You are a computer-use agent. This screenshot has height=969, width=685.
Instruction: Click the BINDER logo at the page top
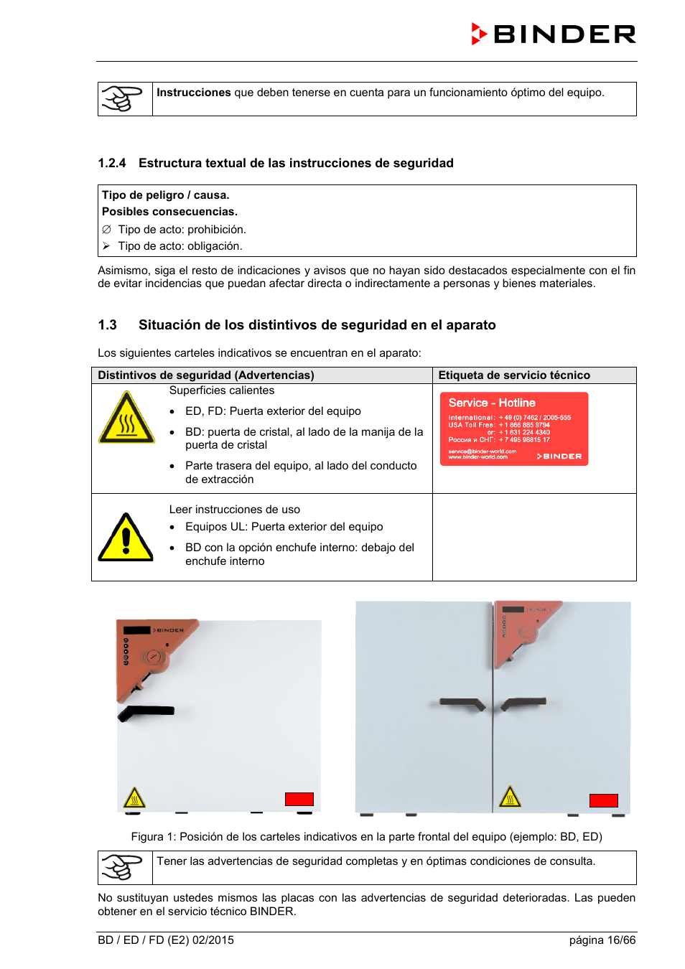point(554,34)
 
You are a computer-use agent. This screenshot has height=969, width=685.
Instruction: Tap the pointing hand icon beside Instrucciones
point(124,98)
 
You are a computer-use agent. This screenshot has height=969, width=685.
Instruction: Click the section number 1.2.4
point(112,163)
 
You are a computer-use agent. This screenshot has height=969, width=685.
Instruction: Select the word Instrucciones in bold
point(194,93)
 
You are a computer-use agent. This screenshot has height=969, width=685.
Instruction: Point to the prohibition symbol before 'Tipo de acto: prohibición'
point(106,230)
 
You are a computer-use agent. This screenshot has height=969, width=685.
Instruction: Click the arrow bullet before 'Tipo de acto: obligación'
point(106,246)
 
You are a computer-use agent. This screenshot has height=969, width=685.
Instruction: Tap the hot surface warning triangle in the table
point(126,418)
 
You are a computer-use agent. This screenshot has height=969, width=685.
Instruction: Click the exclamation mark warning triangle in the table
point(126,538)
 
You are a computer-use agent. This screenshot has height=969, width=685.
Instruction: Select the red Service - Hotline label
point(514,429)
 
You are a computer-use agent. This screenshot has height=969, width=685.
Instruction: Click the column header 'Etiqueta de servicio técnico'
point(514,375)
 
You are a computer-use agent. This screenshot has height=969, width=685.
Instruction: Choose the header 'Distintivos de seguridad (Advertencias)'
point(206,375)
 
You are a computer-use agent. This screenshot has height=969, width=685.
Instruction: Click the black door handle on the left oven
point(146,712)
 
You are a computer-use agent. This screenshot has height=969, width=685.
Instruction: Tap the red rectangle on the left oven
point(299,799)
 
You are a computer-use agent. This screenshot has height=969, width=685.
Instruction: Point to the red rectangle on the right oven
point(603,800)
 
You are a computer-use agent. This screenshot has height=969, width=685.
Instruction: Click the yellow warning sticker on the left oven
point(134,798)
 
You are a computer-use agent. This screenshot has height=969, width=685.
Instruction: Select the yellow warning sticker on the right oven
point(510,797)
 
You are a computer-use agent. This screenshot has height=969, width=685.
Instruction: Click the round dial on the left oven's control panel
point(152,656)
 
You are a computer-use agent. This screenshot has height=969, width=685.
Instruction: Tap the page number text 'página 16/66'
point(602,940)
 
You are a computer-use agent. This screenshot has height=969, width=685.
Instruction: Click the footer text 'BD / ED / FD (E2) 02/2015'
point(166,940)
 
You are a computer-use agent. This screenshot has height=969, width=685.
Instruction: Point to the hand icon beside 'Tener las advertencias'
point(124,867)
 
